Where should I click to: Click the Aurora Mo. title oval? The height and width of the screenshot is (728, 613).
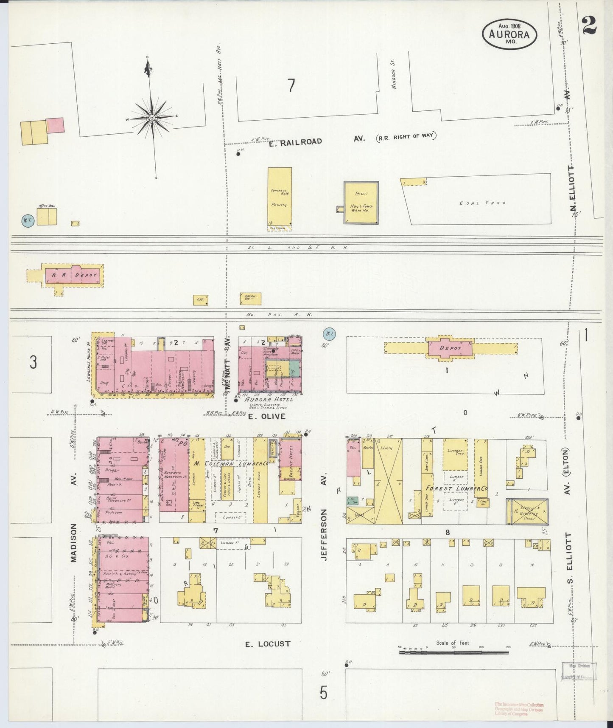pos(509,34)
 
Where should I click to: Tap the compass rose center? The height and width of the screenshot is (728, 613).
pos(152,117)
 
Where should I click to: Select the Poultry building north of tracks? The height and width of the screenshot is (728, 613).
pos(280,198)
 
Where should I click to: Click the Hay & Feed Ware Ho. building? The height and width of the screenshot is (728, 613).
pos(361,203)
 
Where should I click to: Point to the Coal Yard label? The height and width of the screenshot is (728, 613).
pos(482,203)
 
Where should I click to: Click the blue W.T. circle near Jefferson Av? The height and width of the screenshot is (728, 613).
pos(329,334)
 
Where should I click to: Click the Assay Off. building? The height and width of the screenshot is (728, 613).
pos(250,299)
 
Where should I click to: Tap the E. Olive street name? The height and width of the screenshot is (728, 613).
pos(267,416)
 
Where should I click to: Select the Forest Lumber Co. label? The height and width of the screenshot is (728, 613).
pos(456,489)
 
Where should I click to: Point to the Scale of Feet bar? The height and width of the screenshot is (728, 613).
pos(453,652)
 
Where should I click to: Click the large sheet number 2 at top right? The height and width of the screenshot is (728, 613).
pos(589,25)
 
